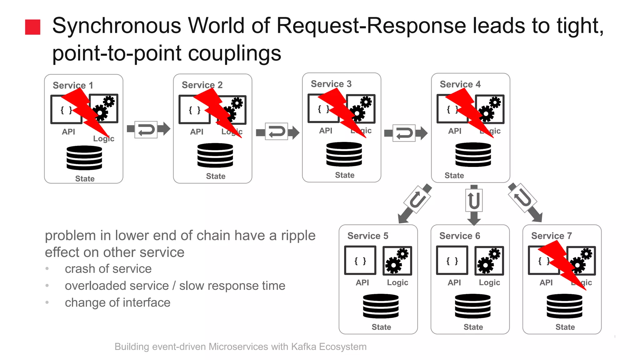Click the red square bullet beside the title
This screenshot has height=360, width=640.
[x=32, y=27]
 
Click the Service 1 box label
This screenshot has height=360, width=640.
[x=73, y=85]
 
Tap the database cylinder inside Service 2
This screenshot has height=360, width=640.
[x=215, y=155]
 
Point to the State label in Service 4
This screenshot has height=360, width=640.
[x=454, y=176]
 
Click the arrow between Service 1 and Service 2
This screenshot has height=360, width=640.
[x=148, y=129]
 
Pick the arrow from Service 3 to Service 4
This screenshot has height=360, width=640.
[x=405, y=133]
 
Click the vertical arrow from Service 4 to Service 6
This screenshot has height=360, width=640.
[x=474, y=205]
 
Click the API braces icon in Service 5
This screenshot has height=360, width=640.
[x=360, y=261]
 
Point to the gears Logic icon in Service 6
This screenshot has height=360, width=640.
[x=489, y=261]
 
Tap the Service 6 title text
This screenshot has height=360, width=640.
[x=459, y=236]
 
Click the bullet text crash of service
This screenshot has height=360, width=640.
[x=108, y=269]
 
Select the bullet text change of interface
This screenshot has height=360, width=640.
[x=117, y=303]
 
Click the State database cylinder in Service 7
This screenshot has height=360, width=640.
[x=564, y=306]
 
